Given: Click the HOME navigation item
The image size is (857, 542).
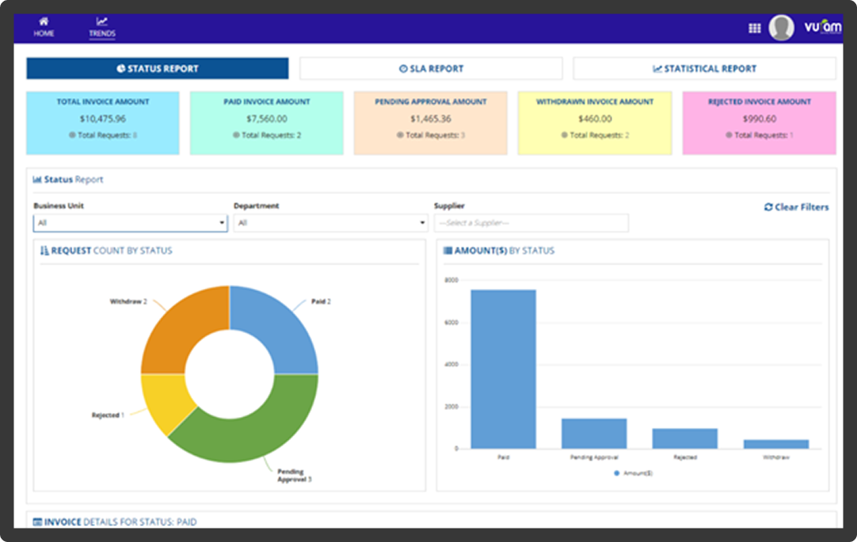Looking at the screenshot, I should coord(44,27).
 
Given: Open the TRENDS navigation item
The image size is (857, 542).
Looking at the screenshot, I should coord(101,27).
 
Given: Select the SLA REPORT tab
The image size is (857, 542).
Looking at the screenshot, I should coord(431,69).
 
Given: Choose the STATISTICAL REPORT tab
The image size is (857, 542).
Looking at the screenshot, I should coord(704,69).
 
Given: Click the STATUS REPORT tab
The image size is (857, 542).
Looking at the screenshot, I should coord(157,69).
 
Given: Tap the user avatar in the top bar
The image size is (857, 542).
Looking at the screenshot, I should coord(781,28).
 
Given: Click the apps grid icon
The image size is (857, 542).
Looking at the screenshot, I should coord(754,28).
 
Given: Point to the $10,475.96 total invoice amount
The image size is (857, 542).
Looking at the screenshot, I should coord(102,119).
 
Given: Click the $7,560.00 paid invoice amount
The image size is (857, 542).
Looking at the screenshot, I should coord(266,119).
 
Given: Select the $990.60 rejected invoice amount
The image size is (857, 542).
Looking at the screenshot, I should coord(759,119).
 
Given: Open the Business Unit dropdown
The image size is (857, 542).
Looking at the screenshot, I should coord(130,223).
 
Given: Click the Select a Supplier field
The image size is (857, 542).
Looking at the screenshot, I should coord(531,223).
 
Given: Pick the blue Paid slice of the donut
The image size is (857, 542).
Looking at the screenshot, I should coord(281,324).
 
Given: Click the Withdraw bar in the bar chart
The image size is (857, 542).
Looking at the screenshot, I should coord(775,444).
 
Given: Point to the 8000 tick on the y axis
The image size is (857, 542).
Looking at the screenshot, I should coord(451,280).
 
